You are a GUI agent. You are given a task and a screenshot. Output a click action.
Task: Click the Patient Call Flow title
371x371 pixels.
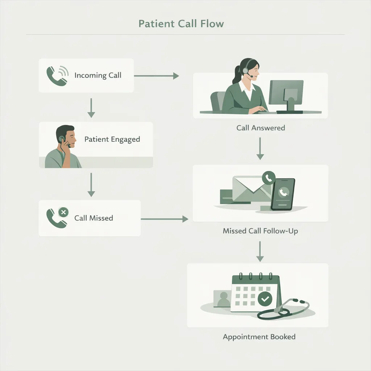[181, 24]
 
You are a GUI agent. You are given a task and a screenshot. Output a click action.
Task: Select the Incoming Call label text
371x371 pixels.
[98, 75]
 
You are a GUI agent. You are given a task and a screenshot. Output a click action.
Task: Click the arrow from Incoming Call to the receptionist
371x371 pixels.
[157, 76]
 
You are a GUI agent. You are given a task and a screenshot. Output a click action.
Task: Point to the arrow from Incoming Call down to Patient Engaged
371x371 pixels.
[91, 108]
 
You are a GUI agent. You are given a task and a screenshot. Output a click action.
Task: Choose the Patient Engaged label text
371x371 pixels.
[112, 139]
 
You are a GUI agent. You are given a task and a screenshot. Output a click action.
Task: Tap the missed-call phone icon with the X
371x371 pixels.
[57, 218]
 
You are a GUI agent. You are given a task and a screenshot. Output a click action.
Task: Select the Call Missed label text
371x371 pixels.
[93, 218]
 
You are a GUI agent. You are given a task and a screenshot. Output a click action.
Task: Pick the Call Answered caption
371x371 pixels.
[260, 128]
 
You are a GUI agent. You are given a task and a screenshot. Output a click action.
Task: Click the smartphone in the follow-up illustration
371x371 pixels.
[283, 194]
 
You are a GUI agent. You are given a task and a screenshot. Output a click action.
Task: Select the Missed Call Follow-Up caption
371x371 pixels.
[260, 231]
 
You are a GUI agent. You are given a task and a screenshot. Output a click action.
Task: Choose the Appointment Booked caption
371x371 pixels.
[259, 337]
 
